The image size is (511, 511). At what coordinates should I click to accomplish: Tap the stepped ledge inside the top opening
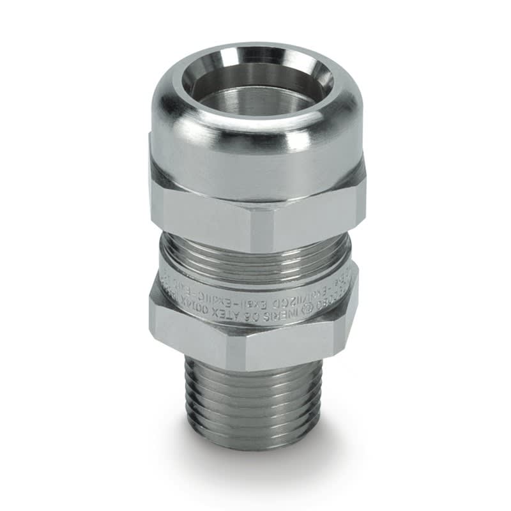coord(256,102)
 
